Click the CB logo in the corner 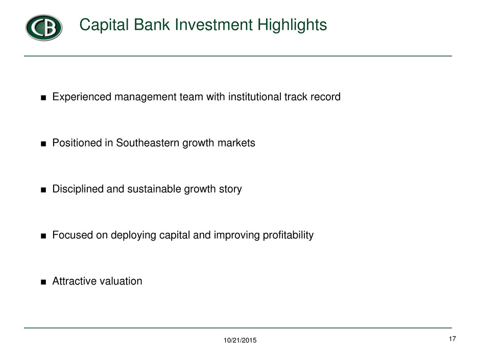point(44,28)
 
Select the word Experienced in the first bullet point(82,97)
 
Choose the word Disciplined point(78,189)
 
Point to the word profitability point(288,235)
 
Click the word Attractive point(73,281)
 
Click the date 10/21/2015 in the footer point(240,340)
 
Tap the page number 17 point(452,339)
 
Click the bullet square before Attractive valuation point(43,282)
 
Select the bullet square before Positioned point(43,144)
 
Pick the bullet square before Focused point(43,236)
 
